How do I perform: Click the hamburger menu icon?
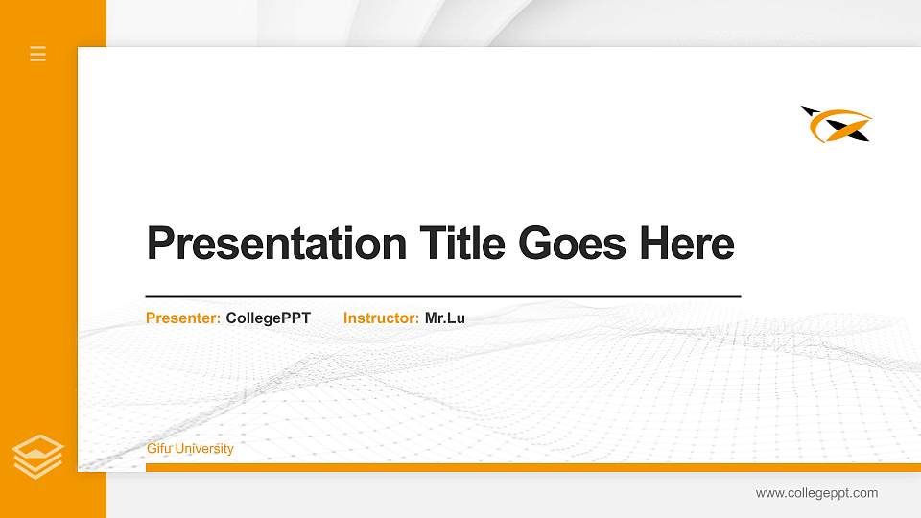coord(38,54)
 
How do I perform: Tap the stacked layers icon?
coord(38,456)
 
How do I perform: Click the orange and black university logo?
coord(837,125)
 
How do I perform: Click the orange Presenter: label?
coord(183,318)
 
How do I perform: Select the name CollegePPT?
coord(269,318)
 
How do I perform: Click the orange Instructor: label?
coord(381,318)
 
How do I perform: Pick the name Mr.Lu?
coord(445,318)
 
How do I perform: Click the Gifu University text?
coord(190,449)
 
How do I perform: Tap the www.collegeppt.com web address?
coord(816,493)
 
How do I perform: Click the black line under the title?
coord(442,296)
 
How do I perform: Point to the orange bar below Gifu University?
coord(528,467)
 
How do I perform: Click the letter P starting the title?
coord(159,244)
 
